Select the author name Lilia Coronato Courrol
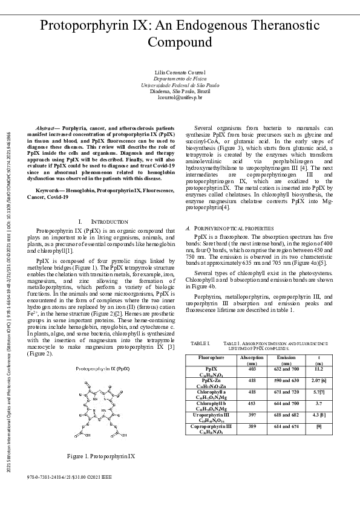click(180, 73)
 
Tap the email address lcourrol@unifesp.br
click(180, 97)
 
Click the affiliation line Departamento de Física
click(180, 79)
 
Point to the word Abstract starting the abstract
click(45, 129)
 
